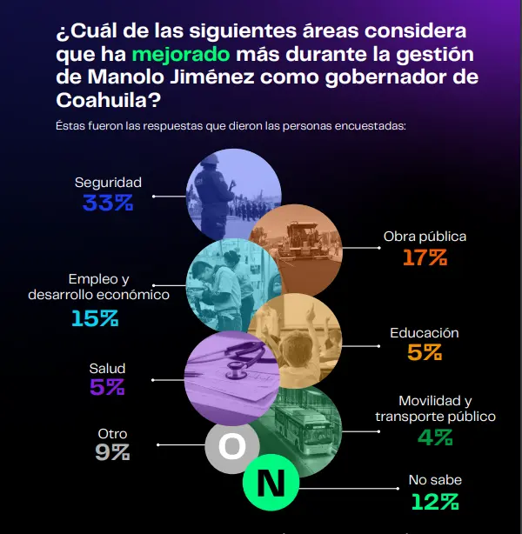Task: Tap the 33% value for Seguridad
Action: [x=108, y=204]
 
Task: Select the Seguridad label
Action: [x=108, y=183]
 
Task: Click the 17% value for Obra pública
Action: [x=425, y=257]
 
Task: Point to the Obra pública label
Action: [x=425, y=237]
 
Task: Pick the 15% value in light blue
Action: [x=95, y=318]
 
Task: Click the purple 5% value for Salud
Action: [x=108, y=388]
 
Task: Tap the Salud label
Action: [x=108, y=368]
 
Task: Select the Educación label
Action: [x=425, y=333]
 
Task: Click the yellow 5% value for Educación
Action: [x=425, y=353]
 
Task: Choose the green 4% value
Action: [x=435, y=437]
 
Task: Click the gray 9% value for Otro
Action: [x=112, y=452]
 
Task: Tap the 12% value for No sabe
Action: [x=435, y=501]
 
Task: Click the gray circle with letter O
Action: [x=231, y=447]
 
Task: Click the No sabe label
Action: [x=435, y=480]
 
